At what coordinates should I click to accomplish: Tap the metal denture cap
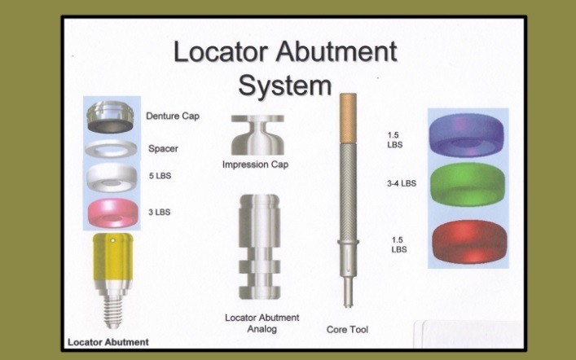click(x=114, y=116)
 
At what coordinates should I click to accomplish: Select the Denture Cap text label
click(x=174, y=116)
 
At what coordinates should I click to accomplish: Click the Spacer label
click(x=163, y=149)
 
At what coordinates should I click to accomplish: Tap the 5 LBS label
click(x=160, y=175)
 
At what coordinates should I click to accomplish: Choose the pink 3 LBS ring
click(x=114, y=212)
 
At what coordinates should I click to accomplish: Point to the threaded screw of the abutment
click(x=114, y=310)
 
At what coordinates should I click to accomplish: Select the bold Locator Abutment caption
click(x=108, y=341)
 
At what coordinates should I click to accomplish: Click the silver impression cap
click(x=256, y=134)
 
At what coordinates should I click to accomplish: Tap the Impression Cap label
click(x=256, y=165)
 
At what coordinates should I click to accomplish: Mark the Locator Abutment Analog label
click(x=262, y=322)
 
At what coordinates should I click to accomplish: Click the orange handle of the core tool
click(x=348, y=109)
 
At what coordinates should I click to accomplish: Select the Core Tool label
click(x=347, y=330)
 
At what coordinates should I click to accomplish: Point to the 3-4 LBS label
click(x=402, y=184)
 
